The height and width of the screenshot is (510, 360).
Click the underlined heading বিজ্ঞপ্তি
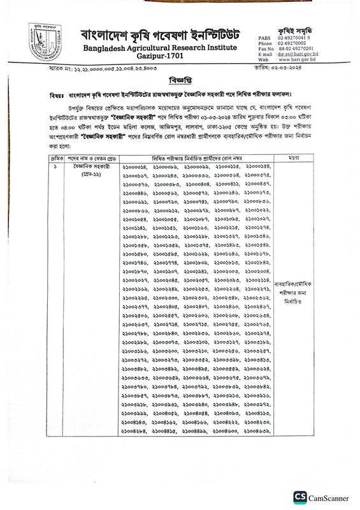[x=180, y=81]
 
